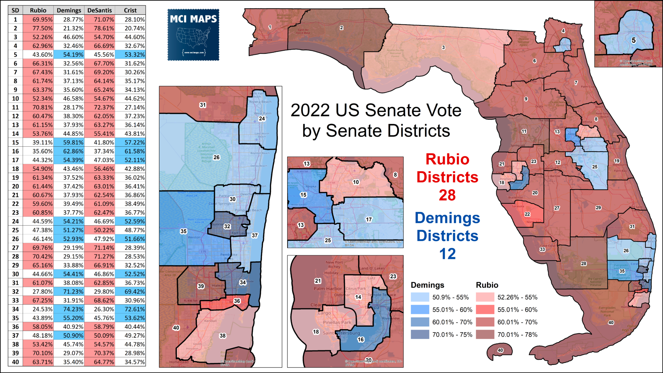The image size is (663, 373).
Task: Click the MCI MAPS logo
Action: tap(193, 35)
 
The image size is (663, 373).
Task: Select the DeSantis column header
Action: tap(99, 10)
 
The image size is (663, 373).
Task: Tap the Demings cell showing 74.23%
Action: tap(69, 309)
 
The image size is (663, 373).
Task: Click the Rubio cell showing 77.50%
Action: tap(38, 28)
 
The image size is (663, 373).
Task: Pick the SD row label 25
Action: tap(15, 230)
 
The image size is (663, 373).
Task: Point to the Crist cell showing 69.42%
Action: tap(130, 292)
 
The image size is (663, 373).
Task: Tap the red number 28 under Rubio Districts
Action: tap(447, 195)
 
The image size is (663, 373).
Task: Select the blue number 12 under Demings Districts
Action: tap(447, 254)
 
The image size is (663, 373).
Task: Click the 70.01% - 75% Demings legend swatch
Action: tap(420, 334)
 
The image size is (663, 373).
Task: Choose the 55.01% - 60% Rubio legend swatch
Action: tap(485, 310)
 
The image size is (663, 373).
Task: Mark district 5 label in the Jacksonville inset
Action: tap(634, 40)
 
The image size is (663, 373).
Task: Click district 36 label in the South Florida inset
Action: tap(237, 301)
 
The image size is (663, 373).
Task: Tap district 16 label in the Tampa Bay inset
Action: tap(361, 339)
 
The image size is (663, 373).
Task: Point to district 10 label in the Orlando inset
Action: tap(356, 182)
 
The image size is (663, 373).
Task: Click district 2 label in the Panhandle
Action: tap(341, 28)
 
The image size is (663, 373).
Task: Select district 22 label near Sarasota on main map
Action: tap(527, 214)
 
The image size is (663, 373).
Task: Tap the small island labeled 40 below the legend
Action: tap(500, 350)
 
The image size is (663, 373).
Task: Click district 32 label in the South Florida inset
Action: tap(227, 226)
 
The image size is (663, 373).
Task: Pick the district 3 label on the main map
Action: tap(443, 48)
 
